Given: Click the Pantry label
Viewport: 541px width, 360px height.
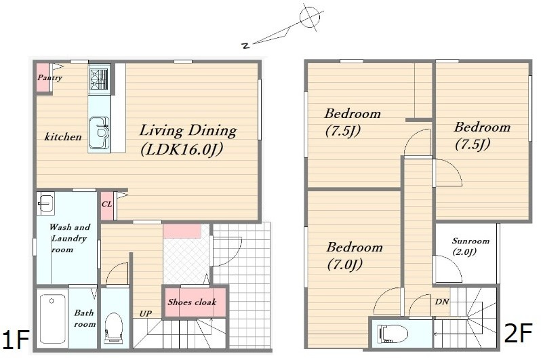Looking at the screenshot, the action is click(49, 78).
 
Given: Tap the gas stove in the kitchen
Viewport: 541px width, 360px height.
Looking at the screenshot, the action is click(99, 79).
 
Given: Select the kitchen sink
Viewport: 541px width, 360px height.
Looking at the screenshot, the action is click(100, 132).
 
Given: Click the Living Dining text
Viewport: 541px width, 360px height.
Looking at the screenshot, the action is click(188, 131).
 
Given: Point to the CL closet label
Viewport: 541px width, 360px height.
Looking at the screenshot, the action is click(106, 204).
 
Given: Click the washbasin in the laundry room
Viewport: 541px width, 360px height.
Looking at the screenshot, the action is click(45, 203).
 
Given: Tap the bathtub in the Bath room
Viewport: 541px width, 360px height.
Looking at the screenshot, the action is click(53, 318).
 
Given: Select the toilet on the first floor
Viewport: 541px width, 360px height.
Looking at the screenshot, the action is click(114, 327).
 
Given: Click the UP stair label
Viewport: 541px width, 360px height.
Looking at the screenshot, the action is click(145, 314).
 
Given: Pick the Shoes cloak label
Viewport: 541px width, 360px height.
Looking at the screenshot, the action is click(192, 302).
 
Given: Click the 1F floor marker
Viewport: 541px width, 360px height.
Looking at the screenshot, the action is click(16, 340).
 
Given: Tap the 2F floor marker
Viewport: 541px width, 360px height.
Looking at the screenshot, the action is click(518, 333).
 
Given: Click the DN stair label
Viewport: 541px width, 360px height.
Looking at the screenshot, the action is click(441, 302).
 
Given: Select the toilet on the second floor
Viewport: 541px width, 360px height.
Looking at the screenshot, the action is click(393, 334).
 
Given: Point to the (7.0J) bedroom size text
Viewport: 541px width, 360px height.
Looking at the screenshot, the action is click(344, 265).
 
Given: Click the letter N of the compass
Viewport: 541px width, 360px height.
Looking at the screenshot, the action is click(245, 45).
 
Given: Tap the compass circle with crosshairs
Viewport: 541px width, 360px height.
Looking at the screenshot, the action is click(310, 17).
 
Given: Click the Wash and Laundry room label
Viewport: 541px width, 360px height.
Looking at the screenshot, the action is click(69, 238).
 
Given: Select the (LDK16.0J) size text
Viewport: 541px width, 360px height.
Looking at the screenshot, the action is click(182, 149).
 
